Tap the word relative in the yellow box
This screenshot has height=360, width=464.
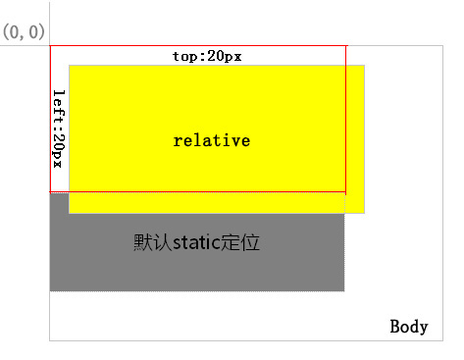pyautogui.click(x=211, y=140)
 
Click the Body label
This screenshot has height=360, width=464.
pyautogui.click(x=409, y=326)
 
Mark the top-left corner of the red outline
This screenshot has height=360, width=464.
pyautogui.click(x=50, y=45)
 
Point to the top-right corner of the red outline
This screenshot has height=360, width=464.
pyautogui.click(x=345, y=45)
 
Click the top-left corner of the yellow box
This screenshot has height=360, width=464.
pyautogui.click(x=70, y=66)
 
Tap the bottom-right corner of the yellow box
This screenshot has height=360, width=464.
pyautogui.click(x=364, y=212)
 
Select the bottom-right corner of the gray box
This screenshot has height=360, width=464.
pyautogui.click(x=344, y=290)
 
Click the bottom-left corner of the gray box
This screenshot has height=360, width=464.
pyautogui.click(x=50, y=290)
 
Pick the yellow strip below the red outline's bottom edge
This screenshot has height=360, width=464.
pyautogui.click(x=206, y=203)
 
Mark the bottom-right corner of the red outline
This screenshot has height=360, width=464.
pyautogui.click(x=345, y=192)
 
